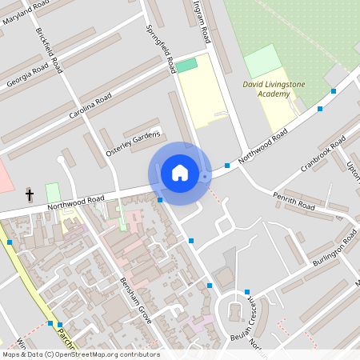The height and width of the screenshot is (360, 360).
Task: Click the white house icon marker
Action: (179, 173)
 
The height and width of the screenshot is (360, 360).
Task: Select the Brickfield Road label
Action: (50, 50)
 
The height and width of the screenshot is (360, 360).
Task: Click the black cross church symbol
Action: (30, 194)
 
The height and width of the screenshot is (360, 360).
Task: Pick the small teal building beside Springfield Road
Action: (186, 66)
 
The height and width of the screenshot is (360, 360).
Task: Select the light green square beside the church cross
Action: (53, 193)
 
